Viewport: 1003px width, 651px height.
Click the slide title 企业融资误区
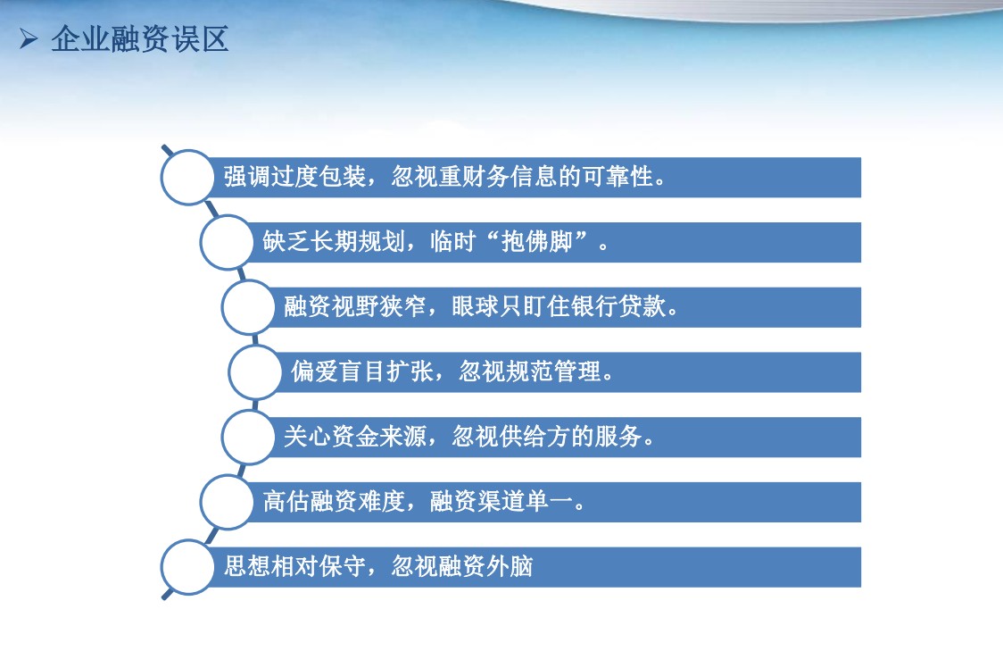pos(139,39)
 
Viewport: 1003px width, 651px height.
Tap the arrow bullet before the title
pos(29,39)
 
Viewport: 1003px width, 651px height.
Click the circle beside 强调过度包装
pos(187,178)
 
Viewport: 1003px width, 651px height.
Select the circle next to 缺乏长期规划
pos(227,242)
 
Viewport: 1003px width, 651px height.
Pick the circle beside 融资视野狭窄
pos(248,307)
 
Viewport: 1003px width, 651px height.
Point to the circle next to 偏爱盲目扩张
pos(255,371)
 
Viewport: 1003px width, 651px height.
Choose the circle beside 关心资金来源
pos(248,438)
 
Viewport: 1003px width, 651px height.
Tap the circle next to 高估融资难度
pos(227,502)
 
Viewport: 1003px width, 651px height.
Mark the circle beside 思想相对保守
pos(187,567)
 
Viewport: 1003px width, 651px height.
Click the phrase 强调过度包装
pos(294,177)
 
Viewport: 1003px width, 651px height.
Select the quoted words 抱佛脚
pos(536,242)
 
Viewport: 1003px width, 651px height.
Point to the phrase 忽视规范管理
pos(530,371)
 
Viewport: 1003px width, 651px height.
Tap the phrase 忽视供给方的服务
pos(547,437)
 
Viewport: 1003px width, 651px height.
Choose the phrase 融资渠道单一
pos(501,501)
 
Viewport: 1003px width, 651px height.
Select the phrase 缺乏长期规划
pos(334,242)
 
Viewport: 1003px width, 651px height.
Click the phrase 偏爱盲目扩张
pos(362,371)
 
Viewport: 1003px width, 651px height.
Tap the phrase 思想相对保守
pos(294,566)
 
